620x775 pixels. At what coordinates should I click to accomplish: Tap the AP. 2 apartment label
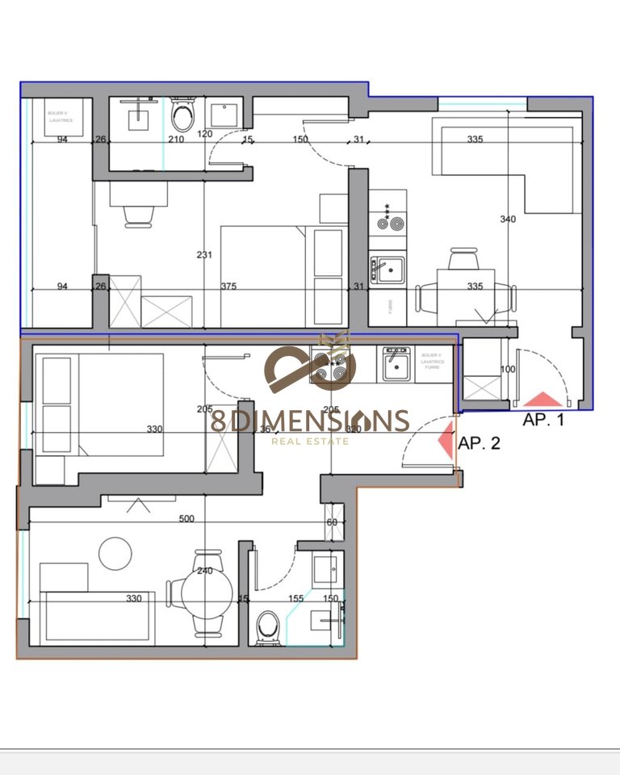click(x=479, y=442)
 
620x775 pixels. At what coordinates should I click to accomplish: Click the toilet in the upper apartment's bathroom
click(x=183, y=117)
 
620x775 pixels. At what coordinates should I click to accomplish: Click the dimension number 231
click(x=204, y=255)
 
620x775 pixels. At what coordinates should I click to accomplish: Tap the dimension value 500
click(x=186, y=519)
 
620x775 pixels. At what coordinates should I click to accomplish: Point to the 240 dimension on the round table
click(x=205, y=571)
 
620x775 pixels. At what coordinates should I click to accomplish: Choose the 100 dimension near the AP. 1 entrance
click(x=508, y=369)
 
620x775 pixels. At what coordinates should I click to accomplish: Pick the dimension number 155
click(x=295, y=598)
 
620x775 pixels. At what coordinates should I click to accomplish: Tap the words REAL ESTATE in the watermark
click(x=310, y=441)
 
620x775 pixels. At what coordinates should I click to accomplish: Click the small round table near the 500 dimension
click(x=115, y=553)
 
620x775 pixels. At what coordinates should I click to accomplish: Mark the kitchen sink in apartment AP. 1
click(x=387, y=269)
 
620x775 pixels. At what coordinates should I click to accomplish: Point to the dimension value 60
click(x=332, y=522)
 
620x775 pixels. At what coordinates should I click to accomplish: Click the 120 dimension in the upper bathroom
click(x=205, y=134)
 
